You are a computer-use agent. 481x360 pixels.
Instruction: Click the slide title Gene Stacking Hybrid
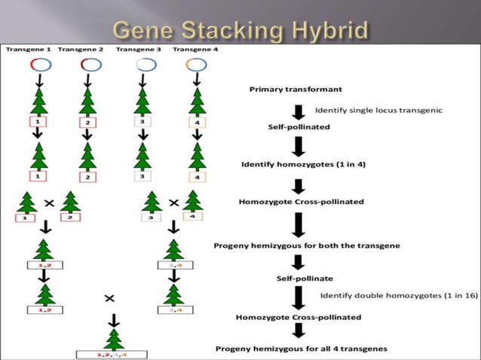coord(240,31)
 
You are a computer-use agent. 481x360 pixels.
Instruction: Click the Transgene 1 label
coord(28,49)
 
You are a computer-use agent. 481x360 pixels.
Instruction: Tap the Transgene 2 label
coord(81,49)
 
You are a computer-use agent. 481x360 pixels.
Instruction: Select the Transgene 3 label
coord(139,49)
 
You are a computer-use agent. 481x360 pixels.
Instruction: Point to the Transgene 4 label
coord(196,49)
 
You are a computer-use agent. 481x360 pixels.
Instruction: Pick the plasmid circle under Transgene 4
coord(196,65)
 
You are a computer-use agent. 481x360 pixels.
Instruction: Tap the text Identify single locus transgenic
coord(378,109)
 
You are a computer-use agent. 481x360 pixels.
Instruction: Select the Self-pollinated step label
coord(299,127)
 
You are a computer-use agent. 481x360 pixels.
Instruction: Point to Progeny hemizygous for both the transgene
coord(307,246)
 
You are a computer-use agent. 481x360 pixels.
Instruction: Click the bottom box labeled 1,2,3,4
coord(112,353)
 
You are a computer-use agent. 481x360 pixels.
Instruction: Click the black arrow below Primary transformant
coord(299,109)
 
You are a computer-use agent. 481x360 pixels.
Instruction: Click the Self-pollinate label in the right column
coord(299,279)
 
